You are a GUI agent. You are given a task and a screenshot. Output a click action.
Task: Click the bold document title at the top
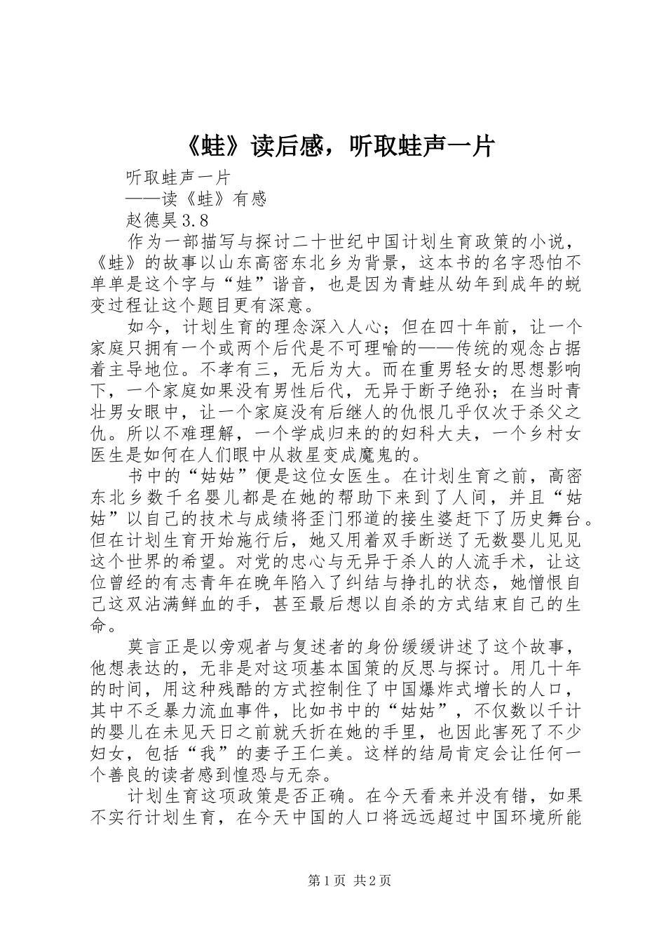[x=333, y=146]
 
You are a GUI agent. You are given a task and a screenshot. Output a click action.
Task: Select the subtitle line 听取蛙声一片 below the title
[x=179, y=177]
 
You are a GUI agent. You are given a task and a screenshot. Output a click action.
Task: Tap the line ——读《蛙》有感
[x=196, y=199]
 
